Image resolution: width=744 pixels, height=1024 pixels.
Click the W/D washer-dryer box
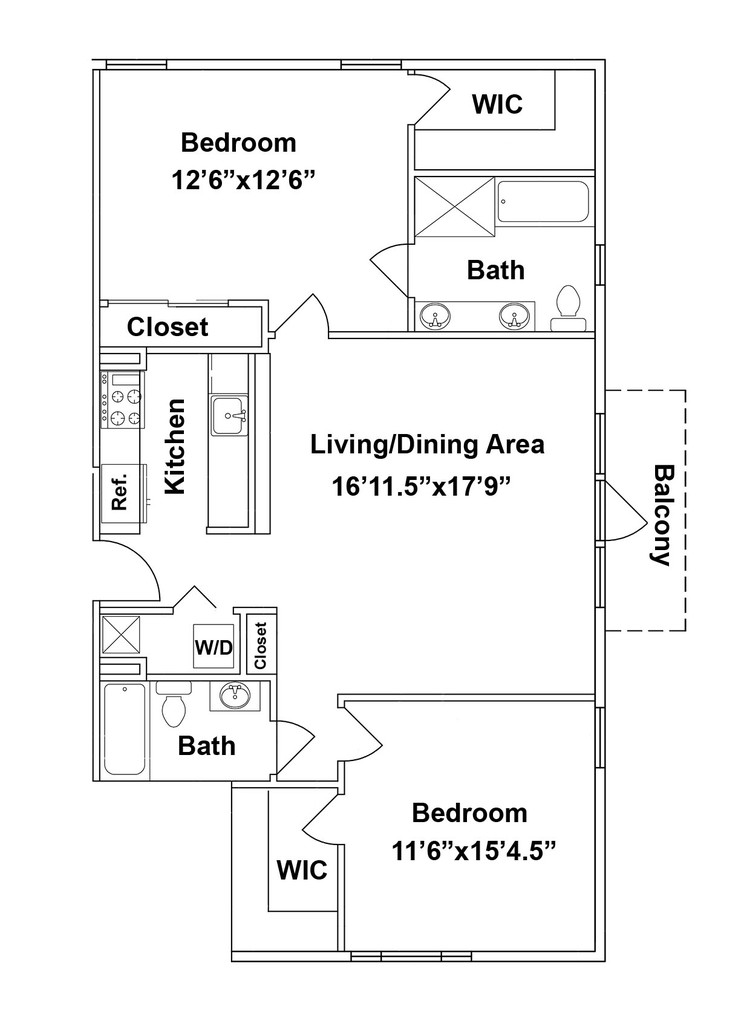[x=214, y=647]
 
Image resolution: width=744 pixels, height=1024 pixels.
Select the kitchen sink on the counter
[x=229, y=415]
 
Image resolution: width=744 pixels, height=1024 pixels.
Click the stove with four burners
[x=121, y=400]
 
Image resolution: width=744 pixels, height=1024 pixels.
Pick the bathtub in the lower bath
[x=125, y=729]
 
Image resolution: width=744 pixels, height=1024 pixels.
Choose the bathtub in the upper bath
[x=543, y=202]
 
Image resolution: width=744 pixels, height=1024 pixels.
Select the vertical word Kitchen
[x=175, y=446]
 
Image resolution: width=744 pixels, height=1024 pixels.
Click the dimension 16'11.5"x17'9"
[x=421, y=486]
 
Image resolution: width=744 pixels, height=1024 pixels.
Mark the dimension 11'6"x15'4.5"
[x=474, y=851]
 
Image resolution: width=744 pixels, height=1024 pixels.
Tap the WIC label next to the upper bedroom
[x=498, y=104]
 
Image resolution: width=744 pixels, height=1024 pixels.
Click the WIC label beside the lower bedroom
[x=302, y=870]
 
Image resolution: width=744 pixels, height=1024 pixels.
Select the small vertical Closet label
[x=261, y=646]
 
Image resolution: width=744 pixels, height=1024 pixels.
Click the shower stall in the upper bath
[x=453, y=204]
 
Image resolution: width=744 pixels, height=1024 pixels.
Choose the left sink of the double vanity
[x=434, y=317]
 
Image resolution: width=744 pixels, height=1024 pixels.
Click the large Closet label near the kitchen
[x=168, y=327]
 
